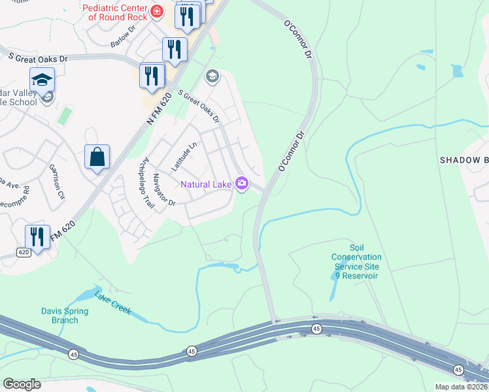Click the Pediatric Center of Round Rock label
tap(114, 12)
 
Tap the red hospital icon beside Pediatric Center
tap(157, 11)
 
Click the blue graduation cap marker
tap(42, 80)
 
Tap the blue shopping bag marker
tap(97, 157)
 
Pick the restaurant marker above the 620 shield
tap(37, 237)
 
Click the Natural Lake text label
tap(206, 184)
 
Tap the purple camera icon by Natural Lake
tap(242, 184)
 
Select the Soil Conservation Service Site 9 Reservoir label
tap(356, 261)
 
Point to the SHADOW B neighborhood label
tap(464, 160)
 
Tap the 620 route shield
tap(24, 252)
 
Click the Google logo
tap(22, 384)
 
